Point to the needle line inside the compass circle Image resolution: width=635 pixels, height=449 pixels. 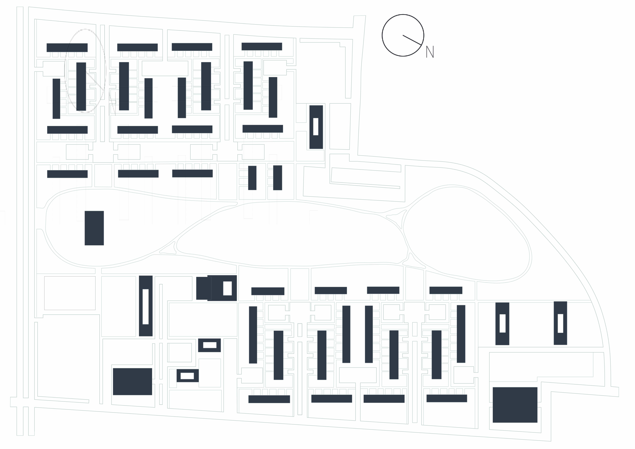click(x=412, y=40)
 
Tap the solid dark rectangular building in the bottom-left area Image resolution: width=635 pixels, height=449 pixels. click(x=133, y=381)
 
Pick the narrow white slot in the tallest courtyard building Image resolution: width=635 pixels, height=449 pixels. click(x=145, y=306)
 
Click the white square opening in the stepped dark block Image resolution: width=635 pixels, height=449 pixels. click(x=227, y=288)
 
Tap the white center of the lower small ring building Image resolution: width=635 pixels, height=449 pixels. click(x=187, y=376)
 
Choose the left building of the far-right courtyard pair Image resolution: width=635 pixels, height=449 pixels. click(x=502, y=324)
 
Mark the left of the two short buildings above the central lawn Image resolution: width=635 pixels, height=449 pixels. click(x=252, y=178)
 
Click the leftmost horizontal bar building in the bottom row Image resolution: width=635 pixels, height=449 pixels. click(x=269, y=399)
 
